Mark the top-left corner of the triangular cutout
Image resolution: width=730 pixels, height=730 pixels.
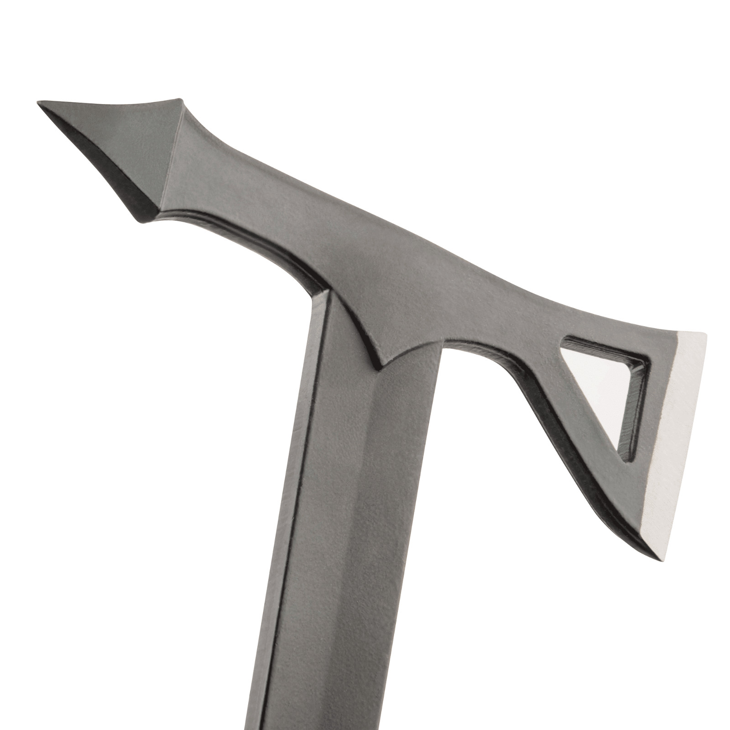(x=564, y=340)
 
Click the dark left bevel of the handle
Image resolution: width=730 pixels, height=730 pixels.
(x=301, y=456)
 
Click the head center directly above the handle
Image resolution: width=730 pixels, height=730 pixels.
(x=383, y=297)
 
